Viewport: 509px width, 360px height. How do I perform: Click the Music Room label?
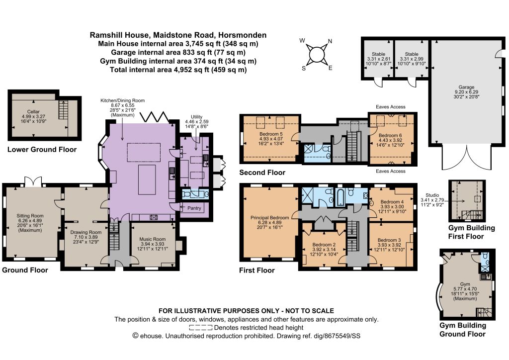pyautogui.click(x=153, y=239)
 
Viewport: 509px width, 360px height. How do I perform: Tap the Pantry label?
pyautogui.click(x=194, y=208)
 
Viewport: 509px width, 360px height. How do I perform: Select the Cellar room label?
pyautogui.click(x=33, y=112)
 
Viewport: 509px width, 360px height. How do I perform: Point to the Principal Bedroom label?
pyautogui.click(x=270, y=217)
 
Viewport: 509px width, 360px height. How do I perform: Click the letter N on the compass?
pyautogui.click(x=330, y=41)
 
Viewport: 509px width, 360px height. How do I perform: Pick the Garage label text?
pyautogui.click(x=466, y=87)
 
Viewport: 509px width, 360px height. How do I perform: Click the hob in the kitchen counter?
pyautogui.click(x=154, y=217)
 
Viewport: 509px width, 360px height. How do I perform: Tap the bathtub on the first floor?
pyautogui.click(x=340, y=197)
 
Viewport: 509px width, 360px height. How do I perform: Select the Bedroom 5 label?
pyautogui.click(x=271, y=134)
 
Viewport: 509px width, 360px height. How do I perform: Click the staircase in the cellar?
pyautogui.click(x=63, y=109)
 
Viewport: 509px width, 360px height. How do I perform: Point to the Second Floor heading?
pyautogui.click(x=262, y=173)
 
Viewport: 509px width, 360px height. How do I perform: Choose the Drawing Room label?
pyautogui.click(x=86, y=232)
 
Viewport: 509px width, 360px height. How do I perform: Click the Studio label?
pyautogui.click(x=432, y=195)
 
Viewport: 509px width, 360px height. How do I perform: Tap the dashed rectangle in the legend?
pyautogui.click(x=201, y=328)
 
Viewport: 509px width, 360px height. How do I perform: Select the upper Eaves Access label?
pyautogui.click(x=391, y=106)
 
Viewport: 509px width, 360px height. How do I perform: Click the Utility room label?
pyautogui.click(x=196, y=116)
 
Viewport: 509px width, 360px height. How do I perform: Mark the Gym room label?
pyautogui.click(x=465, y=284)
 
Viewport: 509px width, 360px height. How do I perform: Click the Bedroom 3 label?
pyautogui.click(x=389, y=240)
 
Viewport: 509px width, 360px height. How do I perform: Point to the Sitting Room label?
pyautogui.click(x=30, y=215)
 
